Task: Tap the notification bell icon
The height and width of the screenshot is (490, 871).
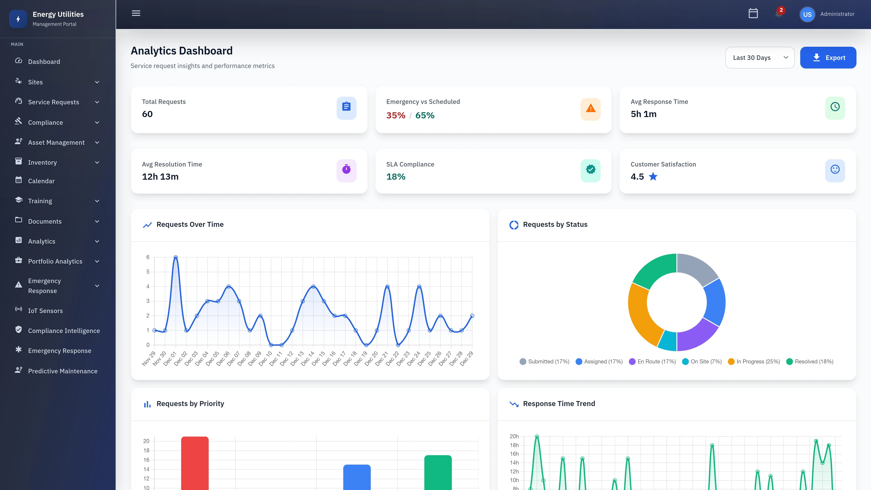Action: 779,14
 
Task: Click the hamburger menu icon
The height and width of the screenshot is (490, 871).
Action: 136,14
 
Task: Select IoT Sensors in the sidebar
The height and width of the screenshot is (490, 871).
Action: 45,311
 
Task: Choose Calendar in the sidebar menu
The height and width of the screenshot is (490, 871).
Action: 41,181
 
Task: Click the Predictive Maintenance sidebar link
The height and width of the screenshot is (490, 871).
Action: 63,371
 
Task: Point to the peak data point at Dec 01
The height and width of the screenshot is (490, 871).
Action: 176,257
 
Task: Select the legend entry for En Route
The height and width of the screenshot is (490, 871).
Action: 652,362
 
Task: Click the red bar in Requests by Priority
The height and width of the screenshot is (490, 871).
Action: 195,463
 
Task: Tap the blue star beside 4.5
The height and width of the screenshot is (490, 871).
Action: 653,176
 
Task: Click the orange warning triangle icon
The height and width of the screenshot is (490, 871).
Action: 590,109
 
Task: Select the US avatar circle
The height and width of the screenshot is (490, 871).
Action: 807,15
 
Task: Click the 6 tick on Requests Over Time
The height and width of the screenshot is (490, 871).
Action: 148,257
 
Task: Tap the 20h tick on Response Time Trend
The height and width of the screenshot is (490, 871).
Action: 514,436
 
